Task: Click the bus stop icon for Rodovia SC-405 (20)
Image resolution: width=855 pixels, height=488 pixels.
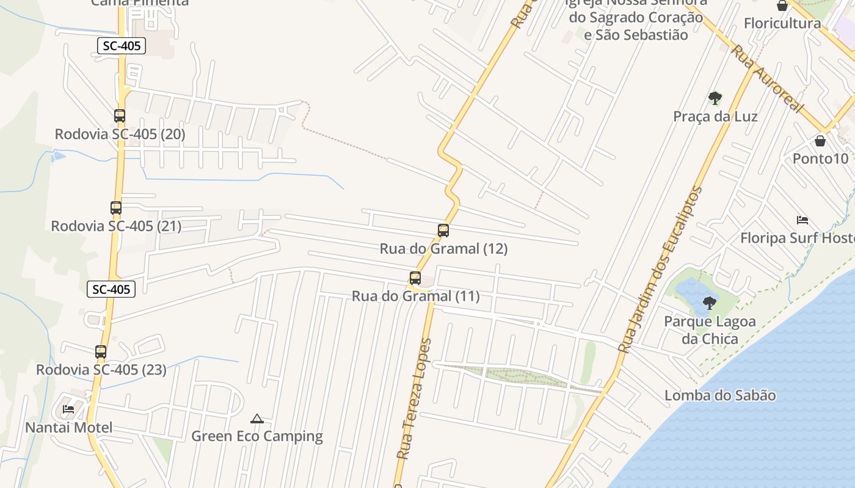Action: (120, 115)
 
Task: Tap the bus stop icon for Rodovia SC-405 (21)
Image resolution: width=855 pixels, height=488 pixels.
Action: (116, 207)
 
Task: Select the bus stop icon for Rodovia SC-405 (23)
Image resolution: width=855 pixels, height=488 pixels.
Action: (101, 351)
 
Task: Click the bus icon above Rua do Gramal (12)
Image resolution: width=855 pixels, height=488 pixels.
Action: (443, 230)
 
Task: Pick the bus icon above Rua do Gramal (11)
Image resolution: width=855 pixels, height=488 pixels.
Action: (415, 278)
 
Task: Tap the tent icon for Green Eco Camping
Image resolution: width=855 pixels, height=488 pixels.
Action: (257, 418)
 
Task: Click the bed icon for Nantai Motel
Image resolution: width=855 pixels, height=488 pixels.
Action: (68, 409)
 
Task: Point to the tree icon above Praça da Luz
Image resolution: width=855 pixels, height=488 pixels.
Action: (715, 98)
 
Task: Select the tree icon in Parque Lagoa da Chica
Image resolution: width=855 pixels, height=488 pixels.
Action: (709, 302)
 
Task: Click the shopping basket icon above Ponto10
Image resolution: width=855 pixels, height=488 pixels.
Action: (820, 141)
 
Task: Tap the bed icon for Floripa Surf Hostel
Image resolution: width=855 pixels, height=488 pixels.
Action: (802, 220)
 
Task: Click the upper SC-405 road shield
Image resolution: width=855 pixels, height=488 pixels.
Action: (122, 45)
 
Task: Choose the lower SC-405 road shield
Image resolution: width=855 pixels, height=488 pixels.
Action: (111, 289)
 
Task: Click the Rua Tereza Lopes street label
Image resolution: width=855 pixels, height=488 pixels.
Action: (414, 399)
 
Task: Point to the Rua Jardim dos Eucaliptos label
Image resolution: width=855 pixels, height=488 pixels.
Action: (661, 269)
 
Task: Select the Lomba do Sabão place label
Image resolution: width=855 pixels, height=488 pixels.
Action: (720, 395)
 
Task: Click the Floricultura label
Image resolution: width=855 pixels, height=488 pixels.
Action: (782, 24)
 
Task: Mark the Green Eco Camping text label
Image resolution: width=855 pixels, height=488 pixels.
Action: (257, 436)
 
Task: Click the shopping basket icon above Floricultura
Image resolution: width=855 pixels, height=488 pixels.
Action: (782, 5)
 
